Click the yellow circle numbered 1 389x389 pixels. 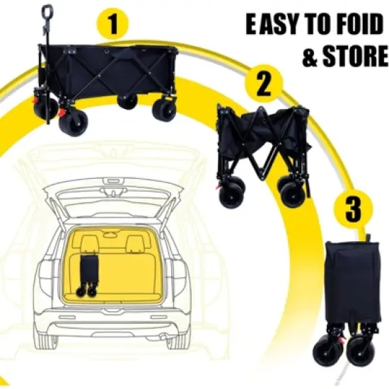click(x=112, y=24)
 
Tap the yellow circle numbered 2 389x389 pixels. click(x=264, y=83)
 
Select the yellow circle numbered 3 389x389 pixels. click(x=353, y=209)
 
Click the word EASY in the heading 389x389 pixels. click(x=273, y=24)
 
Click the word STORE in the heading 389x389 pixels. click(x=356, y=56)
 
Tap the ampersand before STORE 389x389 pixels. click(x=310, y=56)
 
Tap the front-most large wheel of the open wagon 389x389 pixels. click(x=73, y=124)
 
